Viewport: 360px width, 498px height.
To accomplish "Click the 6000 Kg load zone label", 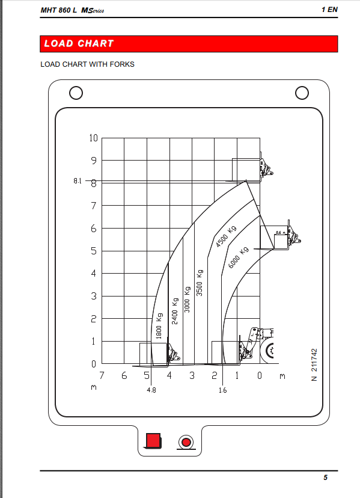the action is (x=239, y=257).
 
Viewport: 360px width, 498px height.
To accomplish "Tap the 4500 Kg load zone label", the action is (x=226, y=236).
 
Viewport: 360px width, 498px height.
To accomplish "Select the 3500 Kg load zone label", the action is (x=200, y=283).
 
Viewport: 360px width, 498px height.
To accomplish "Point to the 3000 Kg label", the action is (x=188, y=299).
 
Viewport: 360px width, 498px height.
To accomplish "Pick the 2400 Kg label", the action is (x=175, y=311).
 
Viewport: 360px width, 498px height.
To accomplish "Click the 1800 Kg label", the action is (x=159, y=325).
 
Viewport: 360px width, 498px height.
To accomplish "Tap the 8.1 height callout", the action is (x=78, y=180).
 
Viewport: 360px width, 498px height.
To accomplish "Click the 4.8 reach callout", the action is (x=151, y=390).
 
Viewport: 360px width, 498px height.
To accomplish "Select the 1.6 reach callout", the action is (x=222, y=390).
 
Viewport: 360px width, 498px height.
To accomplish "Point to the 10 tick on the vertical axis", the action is (x=93, y=138).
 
